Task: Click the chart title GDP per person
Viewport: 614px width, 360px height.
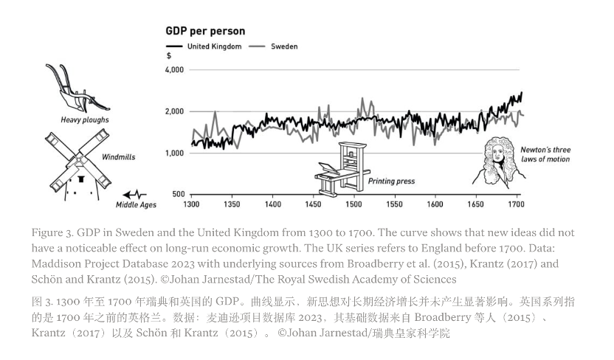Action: pos(205,31)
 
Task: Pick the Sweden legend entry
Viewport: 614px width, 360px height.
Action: pos(284,46)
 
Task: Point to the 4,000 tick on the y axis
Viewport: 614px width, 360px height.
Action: pos(173,69)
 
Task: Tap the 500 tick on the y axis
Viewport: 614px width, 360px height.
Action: pos(177,194)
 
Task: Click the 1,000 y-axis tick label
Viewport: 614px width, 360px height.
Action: pos(173,153)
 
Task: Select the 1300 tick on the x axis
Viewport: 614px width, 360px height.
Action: pos(191,204)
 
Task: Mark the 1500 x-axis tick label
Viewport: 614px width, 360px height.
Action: pos(353,204)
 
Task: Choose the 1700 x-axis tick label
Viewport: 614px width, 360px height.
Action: pos(516,204)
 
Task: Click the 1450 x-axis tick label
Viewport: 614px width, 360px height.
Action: pos(313,204)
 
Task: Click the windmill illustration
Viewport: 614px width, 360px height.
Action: pos(77,164)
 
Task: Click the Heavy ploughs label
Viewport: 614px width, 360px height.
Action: pos(85,120)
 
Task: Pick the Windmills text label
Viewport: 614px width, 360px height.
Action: pos(118,156)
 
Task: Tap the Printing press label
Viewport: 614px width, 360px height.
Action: pos(391,181)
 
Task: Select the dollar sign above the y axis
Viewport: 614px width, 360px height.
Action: pos(169,56)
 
